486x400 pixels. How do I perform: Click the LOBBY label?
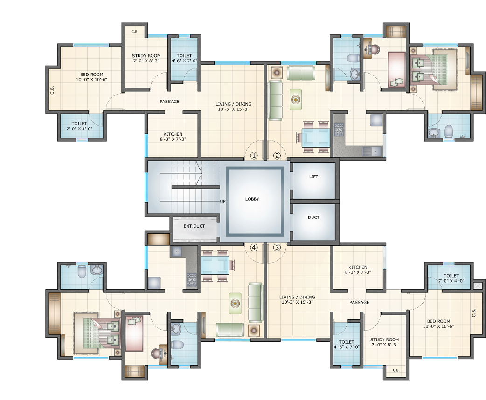click(252, 199)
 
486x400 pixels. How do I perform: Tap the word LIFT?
click(313, 177)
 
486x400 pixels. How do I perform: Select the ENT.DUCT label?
click(194, 226)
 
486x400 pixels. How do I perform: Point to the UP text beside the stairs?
click(223, 202)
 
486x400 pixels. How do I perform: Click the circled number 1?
click(254, 156)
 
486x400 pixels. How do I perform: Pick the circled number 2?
click(277, 156)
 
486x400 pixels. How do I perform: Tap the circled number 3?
click(277, 247)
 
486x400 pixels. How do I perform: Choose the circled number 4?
click(254, 247)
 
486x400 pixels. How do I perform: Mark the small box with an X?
click(478, 285)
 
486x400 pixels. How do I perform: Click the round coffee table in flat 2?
click(295, 99)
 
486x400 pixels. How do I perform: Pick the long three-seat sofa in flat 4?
click(255, 302)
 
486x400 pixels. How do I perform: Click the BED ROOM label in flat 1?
click(91, 77)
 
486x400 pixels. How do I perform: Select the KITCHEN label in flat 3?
click(358, 270)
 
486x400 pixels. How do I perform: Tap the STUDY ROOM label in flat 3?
click(385, 342)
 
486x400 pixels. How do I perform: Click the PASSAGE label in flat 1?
click(169, 102)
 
